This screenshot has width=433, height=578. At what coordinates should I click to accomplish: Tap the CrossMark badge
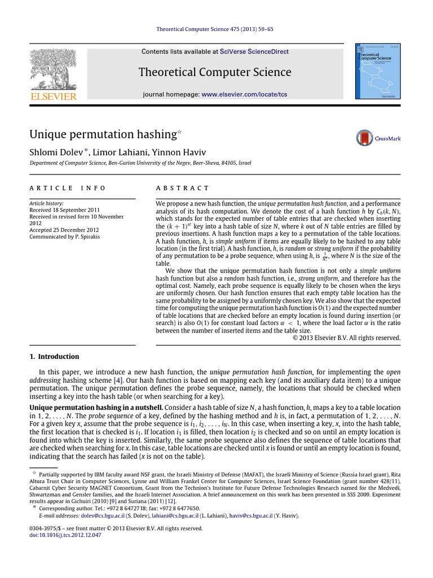pos(378,138)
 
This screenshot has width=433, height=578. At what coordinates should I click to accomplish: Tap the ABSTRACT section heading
pos(182,188)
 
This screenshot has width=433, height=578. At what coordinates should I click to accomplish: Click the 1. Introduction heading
pos(54,356)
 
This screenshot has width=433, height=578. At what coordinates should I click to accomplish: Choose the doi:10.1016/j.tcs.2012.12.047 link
pos(65,535)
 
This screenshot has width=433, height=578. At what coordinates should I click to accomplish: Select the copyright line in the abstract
pos(346,338)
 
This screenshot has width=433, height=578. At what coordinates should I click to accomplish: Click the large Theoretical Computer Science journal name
pos(214,72)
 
